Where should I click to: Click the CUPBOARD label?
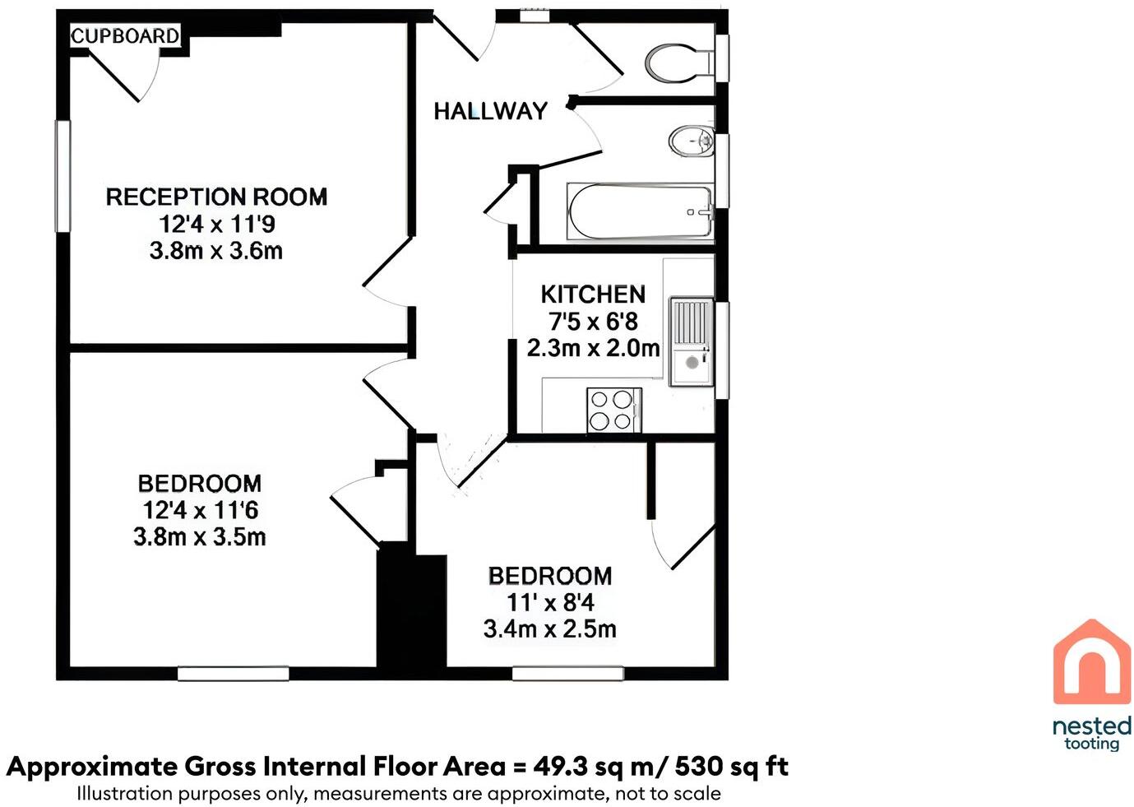[x=125, y=35]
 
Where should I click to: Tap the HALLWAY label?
[x=490, y=111]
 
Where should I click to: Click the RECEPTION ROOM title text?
[x=216, y=197]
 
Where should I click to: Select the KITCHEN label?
[x=592, y=294]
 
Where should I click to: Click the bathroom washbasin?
[x=691, y=141]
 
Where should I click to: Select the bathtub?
[x=640, y=212]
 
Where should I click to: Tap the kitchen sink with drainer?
[x=691, y=341]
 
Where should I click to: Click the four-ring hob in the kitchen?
[x=613, y=410]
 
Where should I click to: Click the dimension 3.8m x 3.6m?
[x=216, y=251]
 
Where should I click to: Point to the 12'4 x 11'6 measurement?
[x=200, y=510]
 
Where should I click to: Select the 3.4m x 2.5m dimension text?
[x=549, y=629]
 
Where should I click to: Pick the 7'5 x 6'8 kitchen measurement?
[x=592, y=321]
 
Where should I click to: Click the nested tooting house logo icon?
[x=1091, y=663]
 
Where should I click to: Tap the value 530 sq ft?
[x=731, y=767]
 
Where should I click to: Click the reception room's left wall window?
[x=62, y=176]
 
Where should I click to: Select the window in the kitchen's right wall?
[x=722, y=350]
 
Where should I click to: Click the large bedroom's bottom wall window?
[x=234, y=674]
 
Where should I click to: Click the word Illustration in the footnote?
[x=124, y=794]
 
